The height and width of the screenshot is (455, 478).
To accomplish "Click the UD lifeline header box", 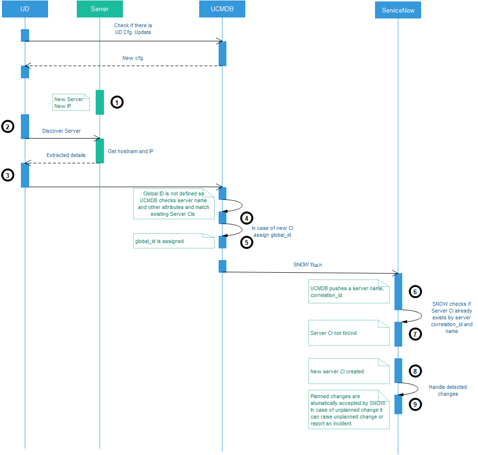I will coord(25,9).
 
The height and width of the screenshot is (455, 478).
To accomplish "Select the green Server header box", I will coord(100,9).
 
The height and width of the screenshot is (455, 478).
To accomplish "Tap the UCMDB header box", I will coord(222,9).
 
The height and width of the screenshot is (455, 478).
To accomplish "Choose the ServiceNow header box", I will coord(398,10).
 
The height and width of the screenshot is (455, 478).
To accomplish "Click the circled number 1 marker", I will coord(117,102).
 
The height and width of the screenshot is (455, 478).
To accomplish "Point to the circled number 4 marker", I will coord(247,218).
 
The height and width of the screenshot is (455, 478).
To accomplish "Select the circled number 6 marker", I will coord(415,291).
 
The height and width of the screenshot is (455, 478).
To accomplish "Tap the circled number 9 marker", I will coord(415,404).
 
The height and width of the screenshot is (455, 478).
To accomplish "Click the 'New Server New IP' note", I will coord(71,103).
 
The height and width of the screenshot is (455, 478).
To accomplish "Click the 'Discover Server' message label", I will coord(61,131).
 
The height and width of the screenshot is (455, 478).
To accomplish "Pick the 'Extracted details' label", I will coord(66,155).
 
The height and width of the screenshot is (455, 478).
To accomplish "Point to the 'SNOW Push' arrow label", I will coord(307,265).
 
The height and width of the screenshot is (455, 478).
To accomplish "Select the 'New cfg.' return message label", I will coord(133,58).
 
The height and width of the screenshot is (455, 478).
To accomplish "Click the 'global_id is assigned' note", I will coord(173,241).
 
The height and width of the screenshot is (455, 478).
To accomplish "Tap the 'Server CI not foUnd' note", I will coord(349,333).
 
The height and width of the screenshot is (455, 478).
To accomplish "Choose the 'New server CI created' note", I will coord(349,371).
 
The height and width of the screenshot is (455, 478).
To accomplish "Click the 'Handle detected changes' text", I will coord(447,390).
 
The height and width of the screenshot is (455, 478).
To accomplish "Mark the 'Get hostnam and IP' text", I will coord(130,151).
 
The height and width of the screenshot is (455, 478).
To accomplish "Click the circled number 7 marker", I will coord(415,334).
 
